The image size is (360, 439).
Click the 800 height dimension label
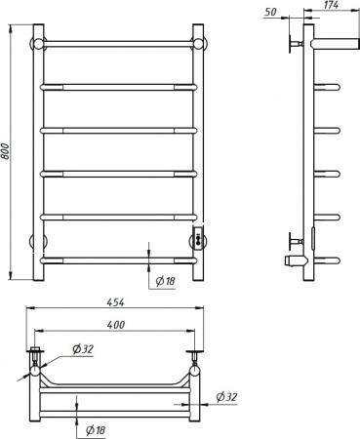tap(6, 151)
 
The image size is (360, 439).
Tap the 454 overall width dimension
tap(115, 302)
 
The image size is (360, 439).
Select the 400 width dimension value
tap(116, 325)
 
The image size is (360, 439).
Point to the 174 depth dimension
tap(331, 5)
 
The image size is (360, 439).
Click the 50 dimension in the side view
tap(270, 12)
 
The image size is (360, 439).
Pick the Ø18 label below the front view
tap(165, 281)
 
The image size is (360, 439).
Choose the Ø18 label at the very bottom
tap(96, 430)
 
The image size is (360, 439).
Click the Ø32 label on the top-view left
tap(83, 349)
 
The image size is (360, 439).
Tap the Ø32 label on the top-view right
tap(226, 397)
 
